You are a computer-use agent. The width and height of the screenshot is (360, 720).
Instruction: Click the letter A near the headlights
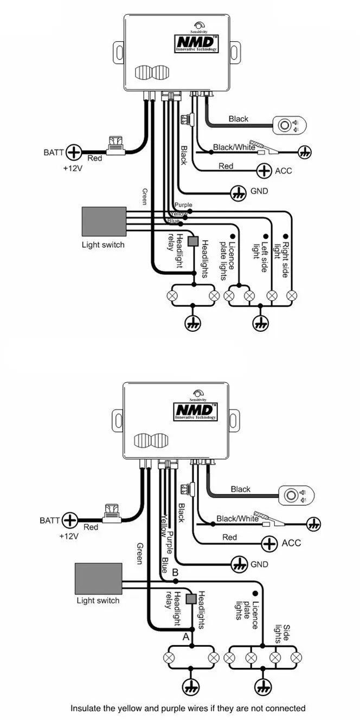pyautogui.click(x=185, y=637)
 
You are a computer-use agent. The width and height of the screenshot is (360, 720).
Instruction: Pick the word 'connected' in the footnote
pyautogui.click(x=288, y=708)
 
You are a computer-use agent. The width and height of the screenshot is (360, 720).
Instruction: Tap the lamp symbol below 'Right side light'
pyautogui.click(x=292, y=295)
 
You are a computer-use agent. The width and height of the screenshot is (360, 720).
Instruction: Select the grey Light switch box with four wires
pyautogui.click(x=104, y=221)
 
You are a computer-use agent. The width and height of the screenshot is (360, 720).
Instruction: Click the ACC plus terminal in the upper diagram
pyautogui.click(x=264, y=171)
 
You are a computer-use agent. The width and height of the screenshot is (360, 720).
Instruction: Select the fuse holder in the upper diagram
pyautogui.click(x=115, y=146)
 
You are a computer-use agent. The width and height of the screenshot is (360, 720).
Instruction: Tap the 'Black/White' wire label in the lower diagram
pyautogui.click(x=237, y=519)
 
